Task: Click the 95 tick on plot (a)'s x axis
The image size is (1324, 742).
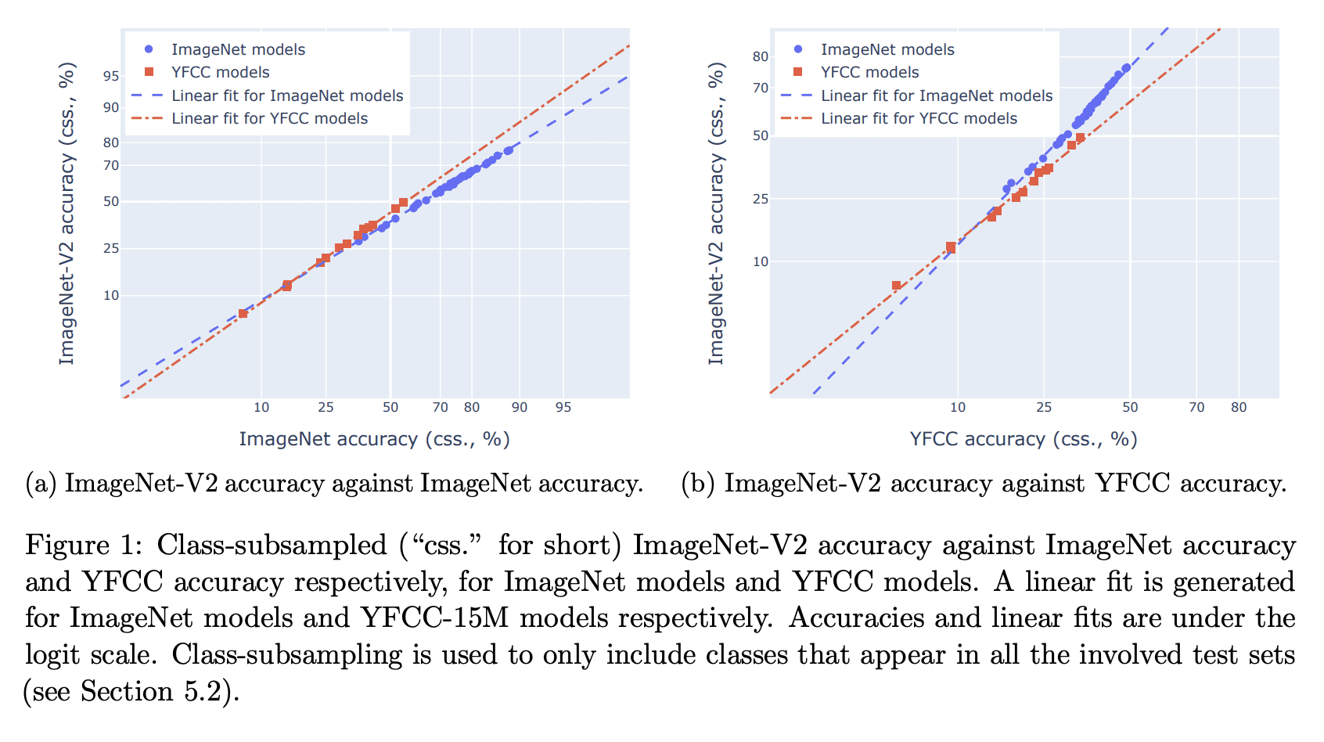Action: point(563,407)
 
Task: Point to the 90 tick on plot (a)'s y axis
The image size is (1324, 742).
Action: point(111,108)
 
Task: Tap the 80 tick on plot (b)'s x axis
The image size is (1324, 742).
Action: point(1239,407)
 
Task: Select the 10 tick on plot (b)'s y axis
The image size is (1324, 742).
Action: point(761,262)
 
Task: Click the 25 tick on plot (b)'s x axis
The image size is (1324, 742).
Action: point(1044,407)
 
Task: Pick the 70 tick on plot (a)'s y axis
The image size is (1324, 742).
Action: point(111,166)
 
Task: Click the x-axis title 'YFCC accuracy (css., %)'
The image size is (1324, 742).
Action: point(1024,439)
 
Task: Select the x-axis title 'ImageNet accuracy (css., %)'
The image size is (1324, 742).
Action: point(374,439)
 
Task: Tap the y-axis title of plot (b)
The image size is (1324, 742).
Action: point(716,213)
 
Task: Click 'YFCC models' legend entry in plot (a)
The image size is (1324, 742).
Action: point(220,72)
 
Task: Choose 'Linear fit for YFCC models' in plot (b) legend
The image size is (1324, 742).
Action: point(919,118)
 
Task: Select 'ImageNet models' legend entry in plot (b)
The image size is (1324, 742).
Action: point(887,49)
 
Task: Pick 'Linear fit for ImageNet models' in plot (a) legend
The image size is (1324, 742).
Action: point(287,95)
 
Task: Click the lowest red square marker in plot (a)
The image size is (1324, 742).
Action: point(243,313)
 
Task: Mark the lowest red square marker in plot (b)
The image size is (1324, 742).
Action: point(896,286)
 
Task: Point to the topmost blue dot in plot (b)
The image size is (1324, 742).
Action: point(1126,68)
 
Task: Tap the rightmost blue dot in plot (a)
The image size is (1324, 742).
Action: point(509,150)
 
